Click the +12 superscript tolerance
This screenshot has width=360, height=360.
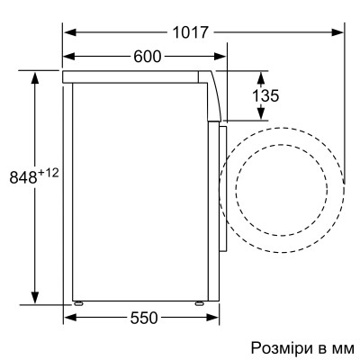(x=48, y=172)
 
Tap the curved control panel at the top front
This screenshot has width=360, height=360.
(x=216, y=94)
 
